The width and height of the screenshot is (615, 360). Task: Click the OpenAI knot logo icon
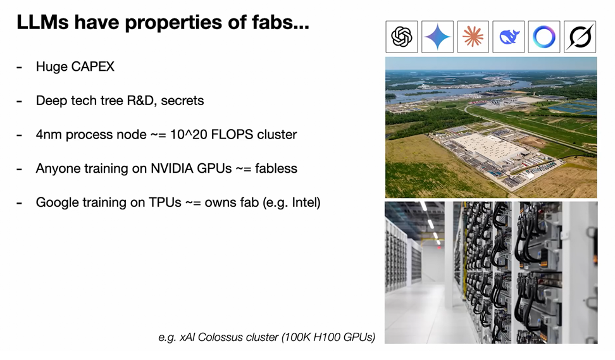click(x=402, y=37)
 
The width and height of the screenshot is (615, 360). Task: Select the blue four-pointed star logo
click(x=437, y=37)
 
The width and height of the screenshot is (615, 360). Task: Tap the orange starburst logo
click(x=473, y=37)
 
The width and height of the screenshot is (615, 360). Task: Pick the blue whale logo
click(x=509, y=37)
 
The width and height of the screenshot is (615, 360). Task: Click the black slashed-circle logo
click(x=580, y=37)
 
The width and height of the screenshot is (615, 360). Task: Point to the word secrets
click(x=182, y=101)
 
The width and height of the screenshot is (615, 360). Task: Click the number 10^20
click(x=189, y=135)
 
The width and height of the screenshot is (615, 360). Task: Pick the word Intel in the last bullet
click(x=304, y=202)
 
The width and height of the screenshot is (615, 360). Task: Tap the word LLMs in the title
click(x=43, y=22)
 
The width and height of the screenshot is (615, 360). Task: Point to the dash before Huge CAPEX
click(x=19, y=68)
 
